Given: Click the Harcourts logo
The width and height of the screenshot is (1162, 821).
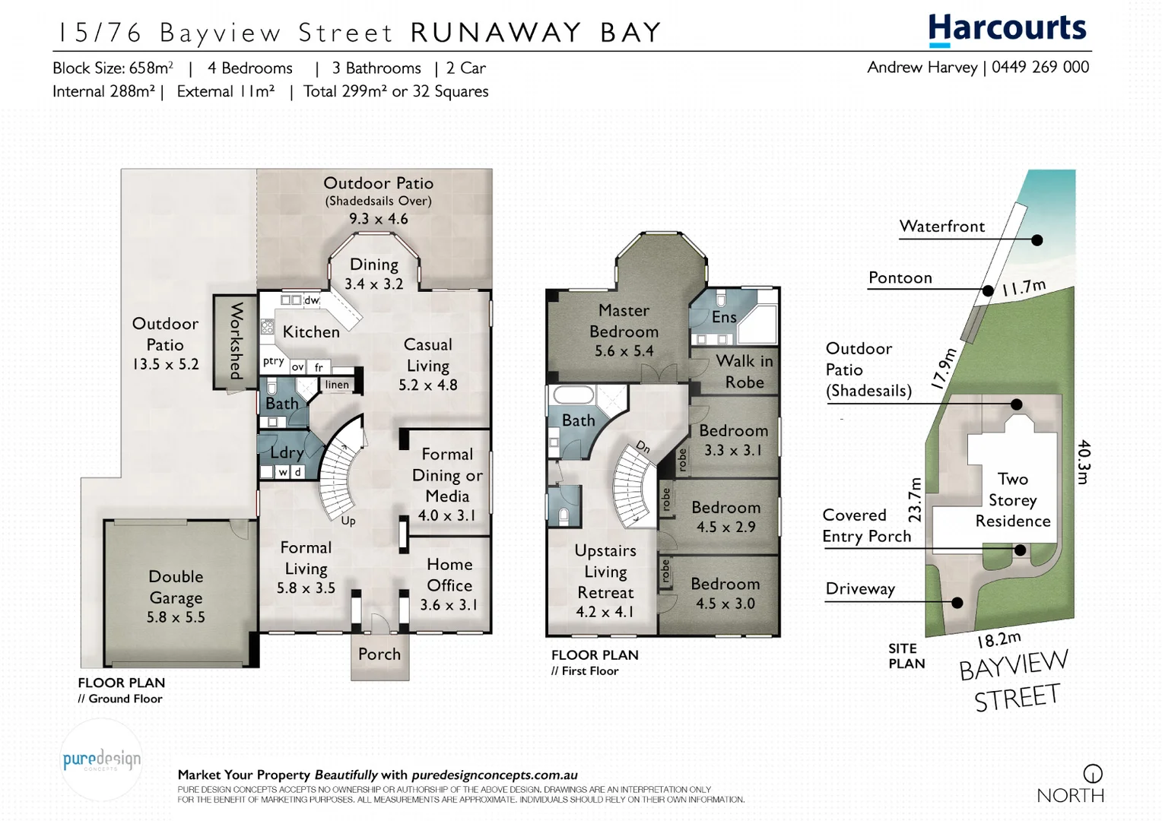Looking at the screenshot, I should [1008, 30].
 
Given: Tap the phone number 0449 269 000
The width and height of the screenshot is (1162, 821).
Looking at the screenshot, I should [1040, 67].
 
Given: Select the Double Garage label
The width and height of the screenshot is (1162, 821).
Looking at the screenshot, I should [176, 597].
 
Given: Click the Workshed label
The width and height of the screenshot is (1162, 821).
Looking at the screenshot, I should [237, 341].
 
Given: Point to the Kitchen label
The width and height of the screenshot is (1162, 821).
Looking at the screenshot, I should [311, 331].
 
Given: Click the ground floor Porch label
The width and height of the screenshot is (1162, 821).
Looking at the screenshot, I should [379, 654].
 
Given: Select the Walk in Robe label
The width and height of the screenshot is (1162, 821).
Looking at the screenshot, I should [744, 371].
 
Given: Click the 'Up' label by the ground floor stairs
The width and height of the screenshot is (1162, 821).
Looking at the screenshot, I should [348, 521].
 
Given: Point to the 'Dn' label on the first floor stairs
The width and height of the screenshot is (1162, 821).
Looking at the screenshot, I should [643, 448].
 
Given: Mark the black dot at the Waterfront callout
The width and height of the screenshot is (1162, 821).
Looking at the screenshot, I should [1037, 240].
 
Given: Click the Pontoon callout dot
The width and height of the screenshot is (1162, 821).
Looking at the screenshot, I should [988, 290].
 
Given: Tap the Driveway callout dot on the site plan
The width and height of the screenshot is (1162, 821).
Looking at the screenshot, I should [957, 603].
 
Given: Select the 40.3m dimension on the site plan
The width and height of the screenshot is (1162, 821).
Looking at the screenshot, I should [1084, 461].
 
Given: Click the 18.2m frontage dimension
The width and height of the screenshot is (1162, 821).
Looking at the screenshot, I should [999, 639].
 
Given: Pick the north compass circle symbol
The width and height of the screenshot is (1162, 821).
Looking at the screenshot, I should [1093, 774].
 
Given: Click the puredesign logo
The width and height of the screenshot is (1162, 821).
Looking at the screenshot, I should [101, 759].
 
